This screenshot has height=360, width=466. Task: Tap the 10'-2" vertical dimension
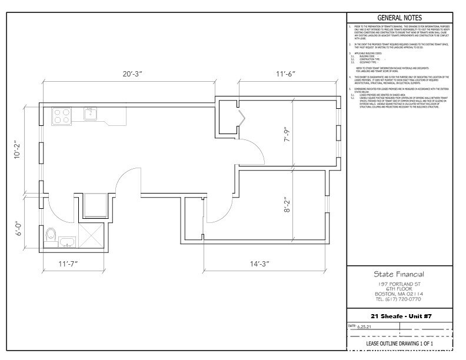[x=18, y=149]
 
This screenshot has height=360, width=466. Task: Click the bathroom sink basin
[x=66, y=241]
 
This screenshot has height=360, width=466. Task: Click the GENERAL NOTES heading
[x=400, y=18]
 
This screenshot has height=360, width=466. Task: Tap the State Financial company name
[x=400, y=274]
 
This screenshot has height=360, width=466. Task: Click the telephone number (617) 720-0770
[x=400, y=299]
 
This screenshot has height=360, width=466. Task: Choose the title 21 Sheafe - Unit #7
[x=400, y=316]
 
